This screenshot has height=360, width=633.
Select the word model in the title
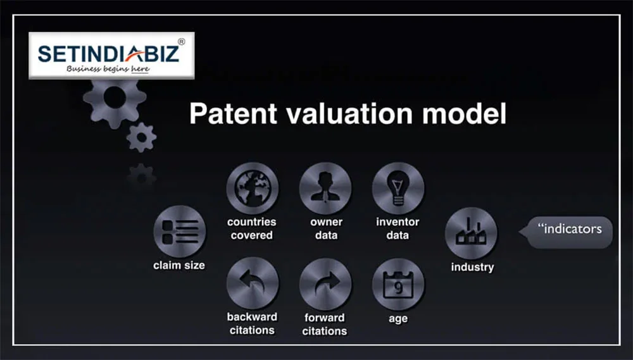click(467, 114)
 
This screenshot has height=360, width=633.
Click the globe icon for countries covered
click(253, 189)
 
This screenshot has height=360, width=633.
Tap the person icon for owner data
click(325, 189)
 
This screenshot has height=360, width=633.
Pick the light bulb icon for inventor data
click(398, 189)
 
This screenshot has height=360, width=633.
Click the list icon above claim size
click(179, 230)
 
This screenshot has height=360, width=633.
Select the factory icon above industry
click(472, 232)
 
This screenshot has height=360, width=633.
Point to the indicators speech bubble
click(568, 229)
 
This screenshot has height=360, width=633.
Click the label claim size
click(179, 266)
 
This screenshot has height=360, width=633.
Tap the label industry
click(472, 267)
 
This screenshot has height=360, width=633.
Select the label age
click(398, 319)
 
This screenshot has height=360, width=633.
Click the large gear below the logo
click(114, 98)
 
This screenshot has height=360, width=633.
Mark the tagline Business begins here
click(108, 69)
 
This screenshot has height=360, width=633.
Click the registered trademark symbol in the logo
click(181, 42)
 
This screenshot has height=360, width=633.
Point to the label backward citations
click(252, 323)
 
